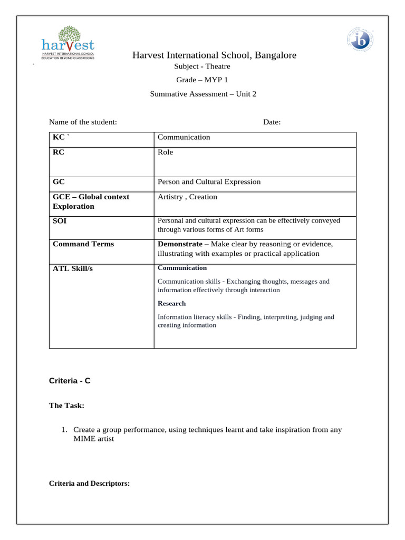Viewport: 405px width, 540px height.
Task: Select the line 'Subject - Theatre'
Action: (x=202, y=66)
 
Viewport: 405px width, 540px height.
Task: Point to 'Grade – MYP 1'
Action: (x=202, y=80)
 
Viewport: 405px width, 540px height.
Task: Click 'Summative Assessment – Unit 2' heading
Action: (x=203, y=94)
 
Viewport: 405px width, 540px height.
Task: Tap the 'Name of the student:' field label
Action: (x=83, y=122)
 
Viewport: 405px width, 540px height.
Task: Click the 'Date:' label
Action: (x=272, y=122)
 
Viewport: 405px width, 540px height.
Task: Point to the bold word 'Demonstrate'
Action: (x=180, y=244)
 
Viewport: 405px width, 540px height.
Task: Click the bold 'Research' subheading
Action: (x=172, y=304)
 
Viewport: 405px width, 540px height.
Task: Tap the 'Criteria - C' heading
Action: (x=70, y=380)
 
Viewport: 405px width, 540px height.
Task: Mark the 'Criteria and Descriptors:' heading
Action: (x=89, y=484)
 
